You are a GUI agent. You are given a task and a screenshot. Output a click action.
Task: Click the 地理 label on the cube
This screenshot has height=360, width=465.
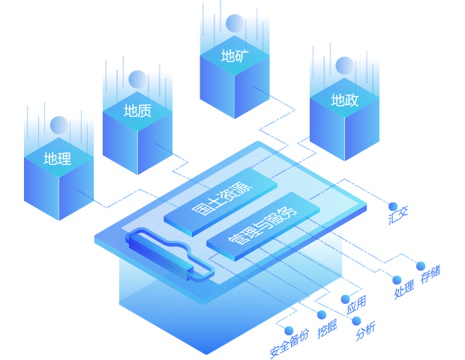click(x=58, y=159)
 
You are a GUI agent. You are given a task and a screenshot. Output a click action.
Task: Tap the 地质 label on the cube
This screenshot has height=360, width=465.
click(x=137, y=110)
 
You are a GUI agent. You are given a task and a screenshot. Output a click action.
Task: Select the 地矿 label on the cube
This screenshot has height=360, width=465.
click(x=235, y=55)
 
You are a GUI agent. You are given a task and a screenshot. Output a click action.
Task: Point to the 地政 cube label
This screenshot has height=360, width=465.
click(x=344, y=100)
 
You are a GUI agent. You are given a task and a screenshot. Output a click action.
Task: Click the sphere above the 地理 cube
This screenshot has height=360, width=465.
click(x=59, y=125)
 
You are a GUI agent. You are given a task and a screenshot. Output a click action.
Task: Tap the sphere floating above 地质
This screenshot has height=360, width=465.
click(x=137, y=79)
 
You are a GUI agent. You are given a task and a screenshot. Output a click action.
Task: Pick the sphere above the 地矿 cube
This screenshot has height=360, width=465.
click(x=235, y=23)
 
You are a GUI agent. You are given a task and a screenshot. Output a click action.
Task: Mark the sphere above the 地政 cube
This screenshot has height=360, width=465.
click(x=344, y=65)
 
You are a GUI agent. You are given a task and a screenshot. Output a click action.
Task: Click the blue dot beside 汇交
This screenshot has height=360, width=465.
click(x=393, y=206)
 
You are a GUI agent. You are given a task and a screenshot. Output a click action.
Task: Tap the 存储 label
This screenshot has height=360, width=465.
click(x=430, y=274)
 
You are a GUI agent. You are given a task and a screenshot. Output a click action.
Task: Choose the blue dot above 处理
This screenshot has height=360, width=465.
click(x=397, y=280)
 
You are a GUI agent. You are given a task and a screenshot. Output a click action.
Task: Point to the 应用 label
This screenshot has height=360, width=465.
click(x=356, y=304)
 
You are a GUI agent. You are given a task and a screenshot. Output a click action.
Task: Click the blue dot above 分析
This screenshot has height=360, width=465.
click(x=356, y=321)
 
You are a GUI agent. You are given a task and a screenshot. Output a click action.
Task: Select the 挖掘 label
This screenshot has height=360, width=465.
click(x=327, y=328)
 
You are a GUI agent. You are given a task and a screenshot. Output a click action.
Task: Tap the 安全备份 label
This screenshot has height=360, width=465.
click(x=289, y=343)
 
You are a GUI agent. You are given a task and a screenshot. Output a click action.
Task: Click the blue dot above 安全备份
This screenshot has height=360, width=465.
click(x=289, y=331)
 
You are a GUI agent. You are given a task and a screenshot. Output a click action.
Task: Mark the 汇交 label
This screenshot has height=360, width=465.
click(x=398, y=215)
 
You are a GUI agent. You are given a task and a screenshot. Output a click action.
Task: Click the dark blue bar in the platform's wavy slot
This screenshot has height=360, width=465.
click(x=160, y=255)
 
